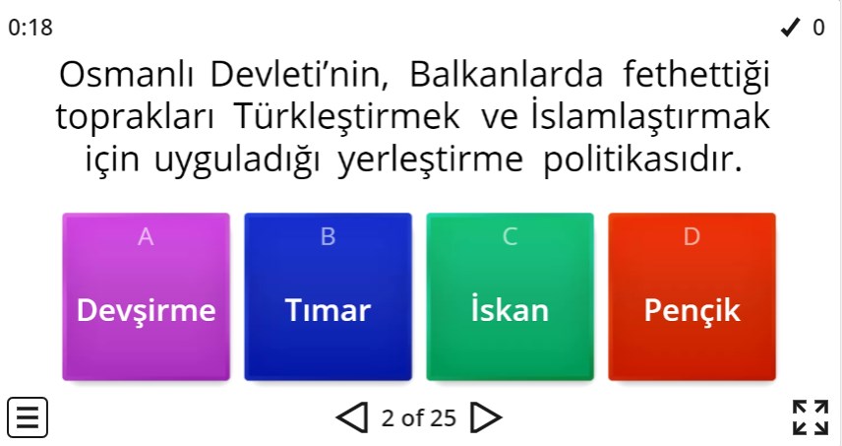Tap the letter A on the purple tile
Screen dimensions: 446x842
click(146, 236)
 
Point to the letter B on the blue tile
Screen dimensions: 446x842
click(328, 236)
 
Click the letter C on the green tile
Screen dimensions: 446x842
click(510, 236)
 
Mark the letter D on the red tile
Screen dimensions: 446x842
click(692, 236)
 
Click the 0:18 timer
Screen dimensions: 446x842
click(30, 28)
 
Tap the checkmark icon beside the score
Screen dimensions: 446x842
click(791, 28)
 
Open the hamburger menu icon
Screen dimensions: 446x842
click(29, 417)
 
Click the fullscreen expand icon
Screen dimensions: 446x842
click(811, 417)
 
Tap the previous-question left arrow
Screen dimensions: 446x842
click(352, 418)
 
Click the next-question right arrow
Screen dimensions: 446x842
click(486, 418)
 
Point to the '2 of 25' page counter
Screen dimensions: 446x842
click(419, 418)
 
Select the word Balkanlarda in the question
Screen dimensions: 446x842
click(506, 75)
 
